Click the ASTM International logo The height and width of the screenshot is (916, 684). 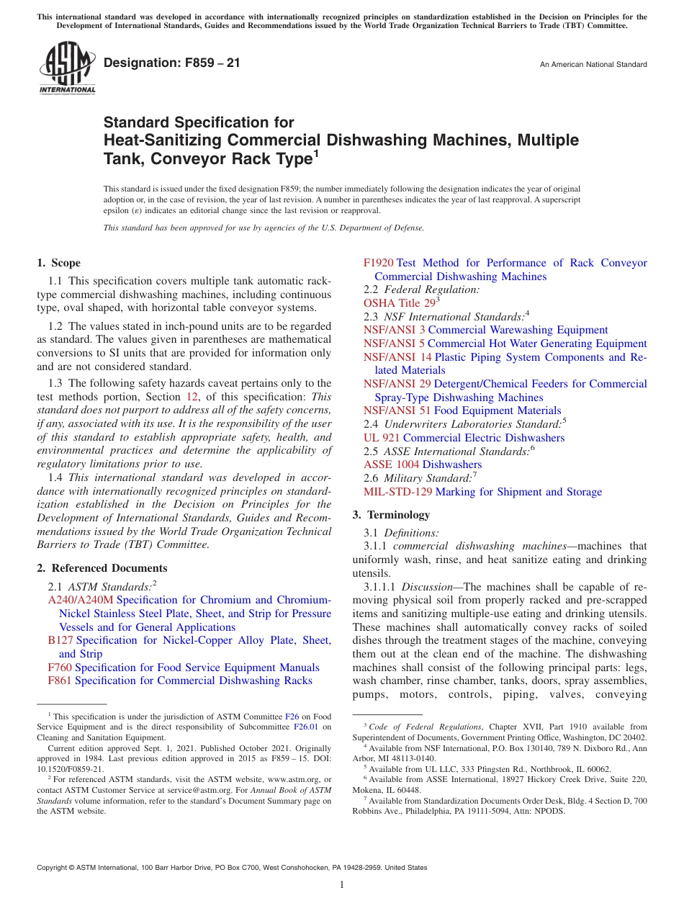[67, 69]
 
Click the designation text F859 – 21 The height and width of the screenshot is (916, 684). [172, 63]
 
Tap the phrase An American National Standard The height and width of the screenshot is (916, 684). [593, 65]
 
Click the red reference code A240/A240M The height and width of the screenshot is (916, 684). [81, 600]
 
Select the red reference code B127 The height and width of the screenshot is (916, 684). [60, 640]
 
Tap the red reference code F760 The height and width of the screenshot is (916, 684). [60, 668]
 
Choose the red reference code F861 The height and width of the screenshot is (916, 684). [60, 681]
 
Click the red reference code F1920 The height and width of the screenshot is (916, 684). [379, 263]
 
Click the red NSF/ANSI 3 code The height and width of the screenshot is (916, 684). [394, 330]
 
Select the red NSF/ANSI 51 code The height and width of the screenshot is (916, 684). [397, 410]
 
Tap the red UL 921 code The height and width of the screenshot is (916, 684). [382, 438]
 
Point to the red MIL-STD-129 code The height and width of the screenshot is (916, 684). [398, 492]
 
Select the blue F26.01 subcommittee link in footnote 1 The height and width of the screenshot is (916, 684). [307, 727]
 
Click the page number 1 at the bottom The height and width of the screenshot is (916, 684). [342, 885]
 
